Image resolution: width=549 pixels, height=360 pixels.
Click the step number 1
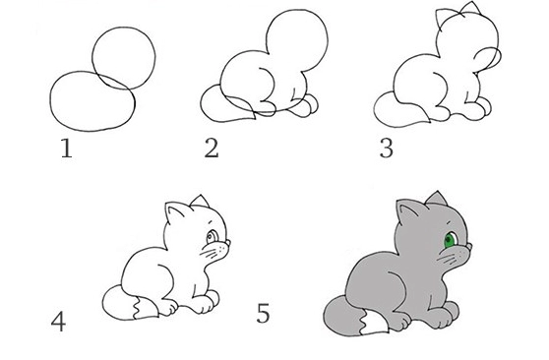(66, 149)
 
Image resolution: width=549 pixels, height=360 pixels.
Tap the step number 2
(212, 148)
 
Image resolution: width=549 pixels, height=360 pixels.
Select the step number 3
(387, 149)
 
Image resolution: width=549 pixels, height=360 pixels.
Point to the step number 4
(58, 322)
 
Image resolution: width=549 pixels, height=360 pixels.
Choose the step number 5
(264, 313)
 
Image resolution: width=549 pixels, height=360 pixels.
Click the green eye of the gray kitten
(450, 240)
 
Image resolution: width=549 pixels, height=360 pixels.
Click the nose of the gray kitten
(469, 246)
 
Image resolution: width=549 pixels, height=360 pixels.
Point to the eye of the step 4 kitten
(212, 237)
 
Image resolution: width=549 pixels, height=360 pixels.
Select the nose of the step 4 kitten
(228, 243)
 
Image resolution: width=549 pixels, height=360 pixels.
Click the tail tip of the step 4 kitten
(145, 308)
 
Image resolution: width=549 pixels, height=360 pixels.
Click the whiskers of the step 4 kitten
(212, 253)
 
